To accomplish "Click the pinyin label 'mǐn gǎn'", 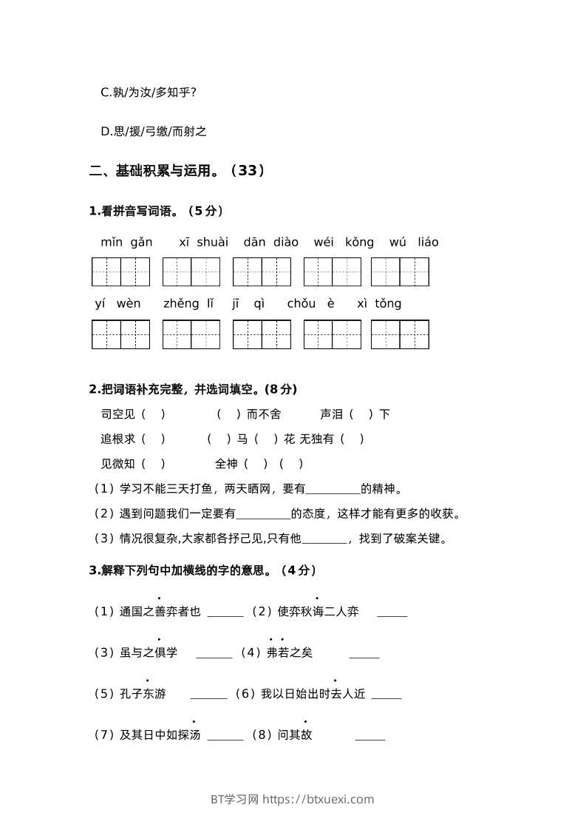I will pos(126,243).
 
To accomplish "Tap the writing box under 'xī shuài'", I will pos(191,271).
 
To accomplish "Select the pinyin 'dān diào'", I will pos(270,243).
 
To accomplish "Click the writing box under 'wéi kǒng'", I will pos(332,271).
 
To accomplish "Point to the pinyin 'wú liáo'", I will pos(414,243).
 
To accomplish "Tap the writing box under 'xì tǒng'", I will pos(400,334).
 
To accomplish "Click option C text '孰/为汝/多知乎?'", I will pos(149,92).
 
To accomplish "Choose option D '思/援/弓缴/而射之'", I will pos(154,132).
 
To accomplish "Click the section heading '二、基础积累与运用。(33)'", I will pos(177,171).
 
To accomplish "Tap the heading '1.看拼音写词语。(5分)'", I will pos(157,211).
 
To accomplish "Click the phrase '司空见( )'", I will pos(133,414).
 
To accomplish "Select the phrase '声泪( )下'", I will pos(355,414).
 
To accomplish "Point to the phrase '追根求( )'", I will pos(133,439).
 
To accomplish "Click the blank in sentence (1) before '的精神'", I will pos(333,490).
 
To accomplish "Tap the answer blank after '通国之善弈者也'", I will pos(225,613).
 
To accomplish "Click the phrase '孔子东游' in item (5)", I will pos(143,695).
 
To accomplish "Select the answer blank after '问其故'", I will pos(370,736).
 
